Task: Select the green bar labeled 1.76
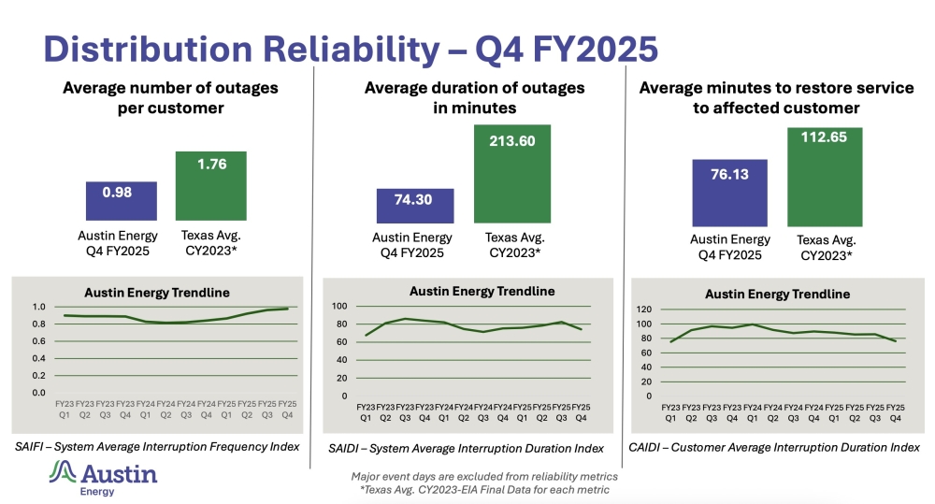click(211, 186)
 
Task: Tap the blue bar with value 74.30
click(415, 207)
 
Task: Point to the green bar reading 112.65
click(824, 177)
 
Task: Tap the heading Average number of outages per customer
click(170, 97)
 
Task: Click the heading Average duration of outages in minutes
click(474, 97)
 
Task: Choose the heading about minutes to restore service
click(776, 97)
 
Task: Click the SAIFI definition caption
click(156, 447)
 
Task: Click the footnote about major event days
click(484, 477)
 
